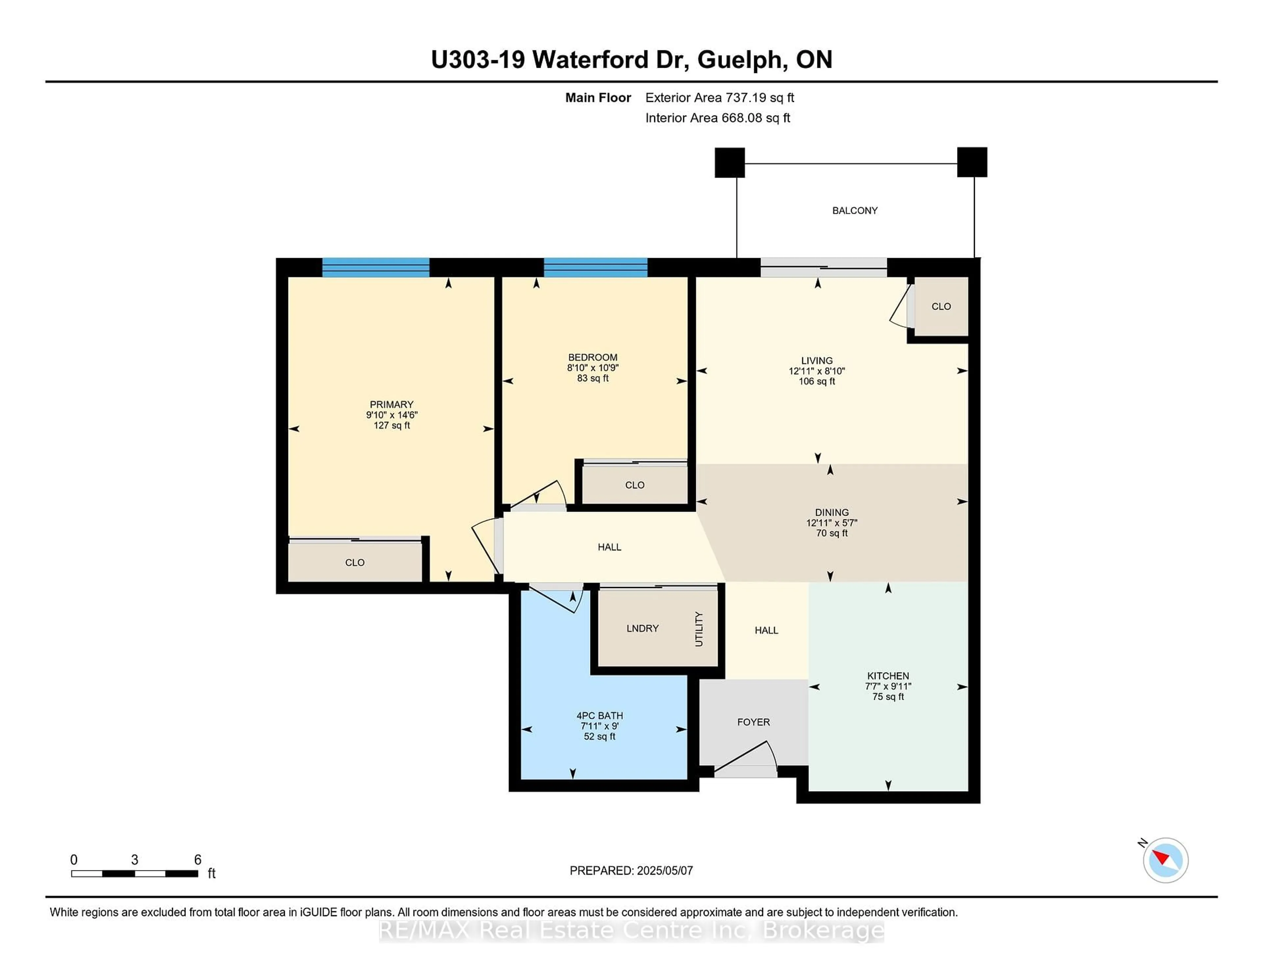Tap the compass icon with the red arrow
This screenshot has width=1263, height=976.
1165,860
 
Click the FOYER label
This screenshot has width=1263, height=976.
754,722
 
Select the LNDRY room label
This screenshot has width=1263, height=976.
642,628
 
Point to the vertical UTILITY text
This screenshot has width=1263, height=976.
699,629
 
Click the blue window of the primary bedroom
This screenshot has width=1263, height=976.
376,268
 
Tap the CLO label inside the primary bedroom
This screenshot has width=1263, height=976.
355,563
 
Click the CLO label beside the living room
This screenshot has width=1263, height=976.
941,306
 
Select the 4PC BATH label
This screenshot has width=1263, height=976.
600,716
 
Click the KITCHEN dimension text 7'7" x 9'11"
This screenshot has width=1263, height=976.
888,686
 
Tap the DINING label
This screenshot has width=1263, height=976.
831,512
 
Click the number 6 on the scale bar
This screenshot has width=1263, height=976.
198,860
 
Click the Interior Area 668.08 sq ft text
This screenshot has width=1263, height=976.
718,118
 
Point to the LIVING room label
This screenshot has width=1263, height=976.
817,360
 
